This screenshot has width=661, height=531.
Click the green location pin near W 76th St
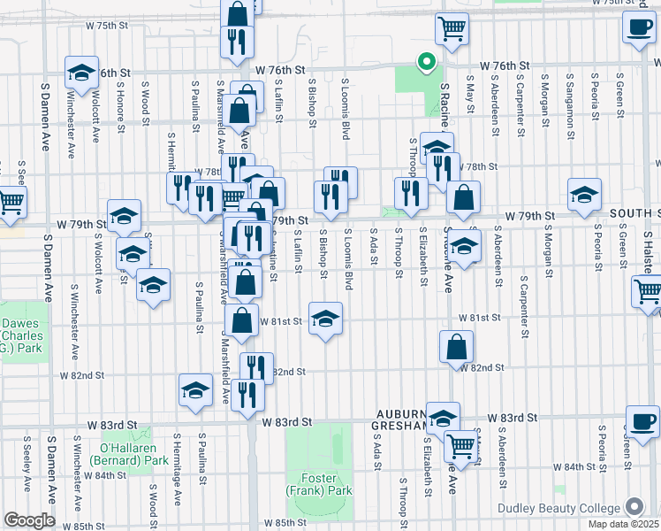[x=426, y=62]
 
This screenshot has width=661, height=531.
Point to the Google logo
[x=28, y=520]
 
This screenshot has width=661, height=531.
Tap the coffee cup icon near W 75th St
[x=638, y=27]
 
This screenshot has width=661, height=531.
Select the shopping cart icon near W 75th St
[x=452, y=28]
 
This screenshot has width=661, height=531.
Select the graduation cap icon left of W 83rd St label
[x=195, y=389]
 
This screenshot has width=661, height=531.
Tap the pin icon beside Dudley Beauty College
[x=634, y=507]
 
